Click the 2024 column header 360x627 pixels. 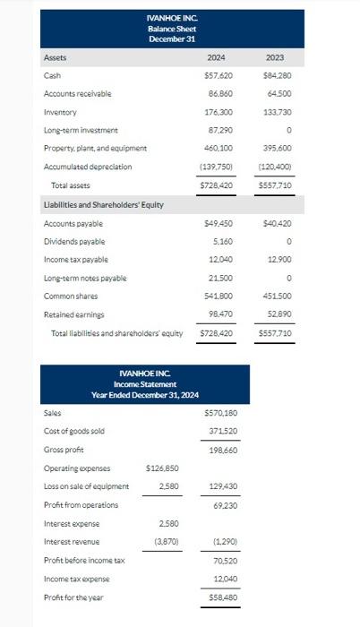click(x=216, y=58)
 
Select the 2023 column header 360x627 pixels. click(x=275, y=58)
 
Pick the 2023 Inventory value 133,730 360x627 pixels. click(x=278, y=113)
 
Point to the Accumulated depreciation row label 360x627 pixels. click(x=88, y=167)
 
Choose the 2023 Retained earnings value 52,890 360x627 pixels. click(x=278, y=314)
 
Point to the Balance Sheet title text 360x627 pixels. click(x=165, y=29)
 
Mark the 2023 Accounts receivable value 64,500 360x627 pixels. click(x=279, y=94)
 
